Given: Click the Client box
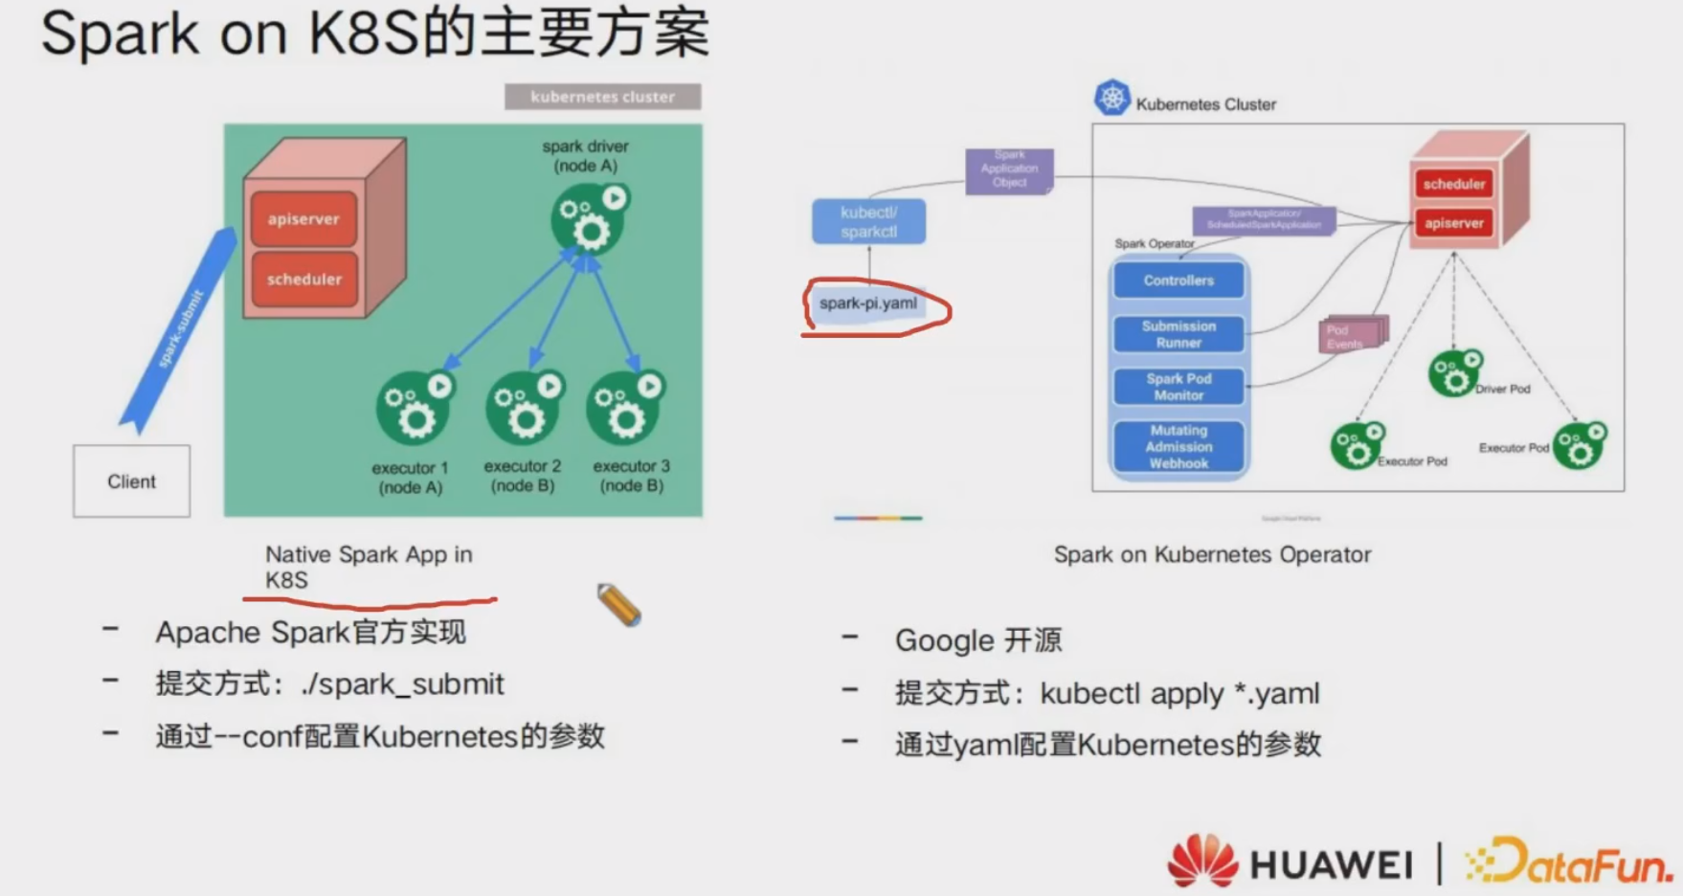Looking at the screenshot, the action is tap(131, 482).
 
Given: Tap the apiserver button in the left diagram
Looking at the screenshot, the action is tap(303, 219).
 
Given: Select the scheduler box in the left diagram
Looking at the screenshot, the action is tap(303, 280).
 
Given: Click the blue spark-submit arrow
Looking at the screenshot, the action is tap(179, 329).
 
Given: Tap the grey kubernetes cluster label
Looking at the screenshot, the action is tap(602, 97).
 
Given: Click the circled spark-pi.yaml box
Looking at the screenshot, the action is tap(868, 303).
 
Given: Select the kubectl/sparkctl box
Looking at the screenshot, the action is tap(868, 222).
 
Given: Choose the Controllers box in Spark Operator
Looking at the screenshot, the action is tap(1178, 280).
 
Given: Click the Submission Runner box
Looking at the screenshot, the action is tap(1178, 334).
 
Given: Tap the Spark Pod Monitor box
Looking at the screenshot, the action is tap(1178, 387).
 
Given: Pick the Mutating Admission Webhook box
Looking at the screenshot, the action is tap(1178, 447).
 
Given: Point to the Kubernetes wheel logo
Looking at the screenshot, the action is tap(1112, 98).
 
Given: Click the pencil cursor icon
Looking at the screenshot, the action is tap(618, 605).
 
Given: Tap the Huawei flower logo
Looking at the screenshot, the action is tap(1202, 861).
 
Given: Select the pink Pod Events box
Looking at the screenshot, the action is tap(1351, 336).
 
